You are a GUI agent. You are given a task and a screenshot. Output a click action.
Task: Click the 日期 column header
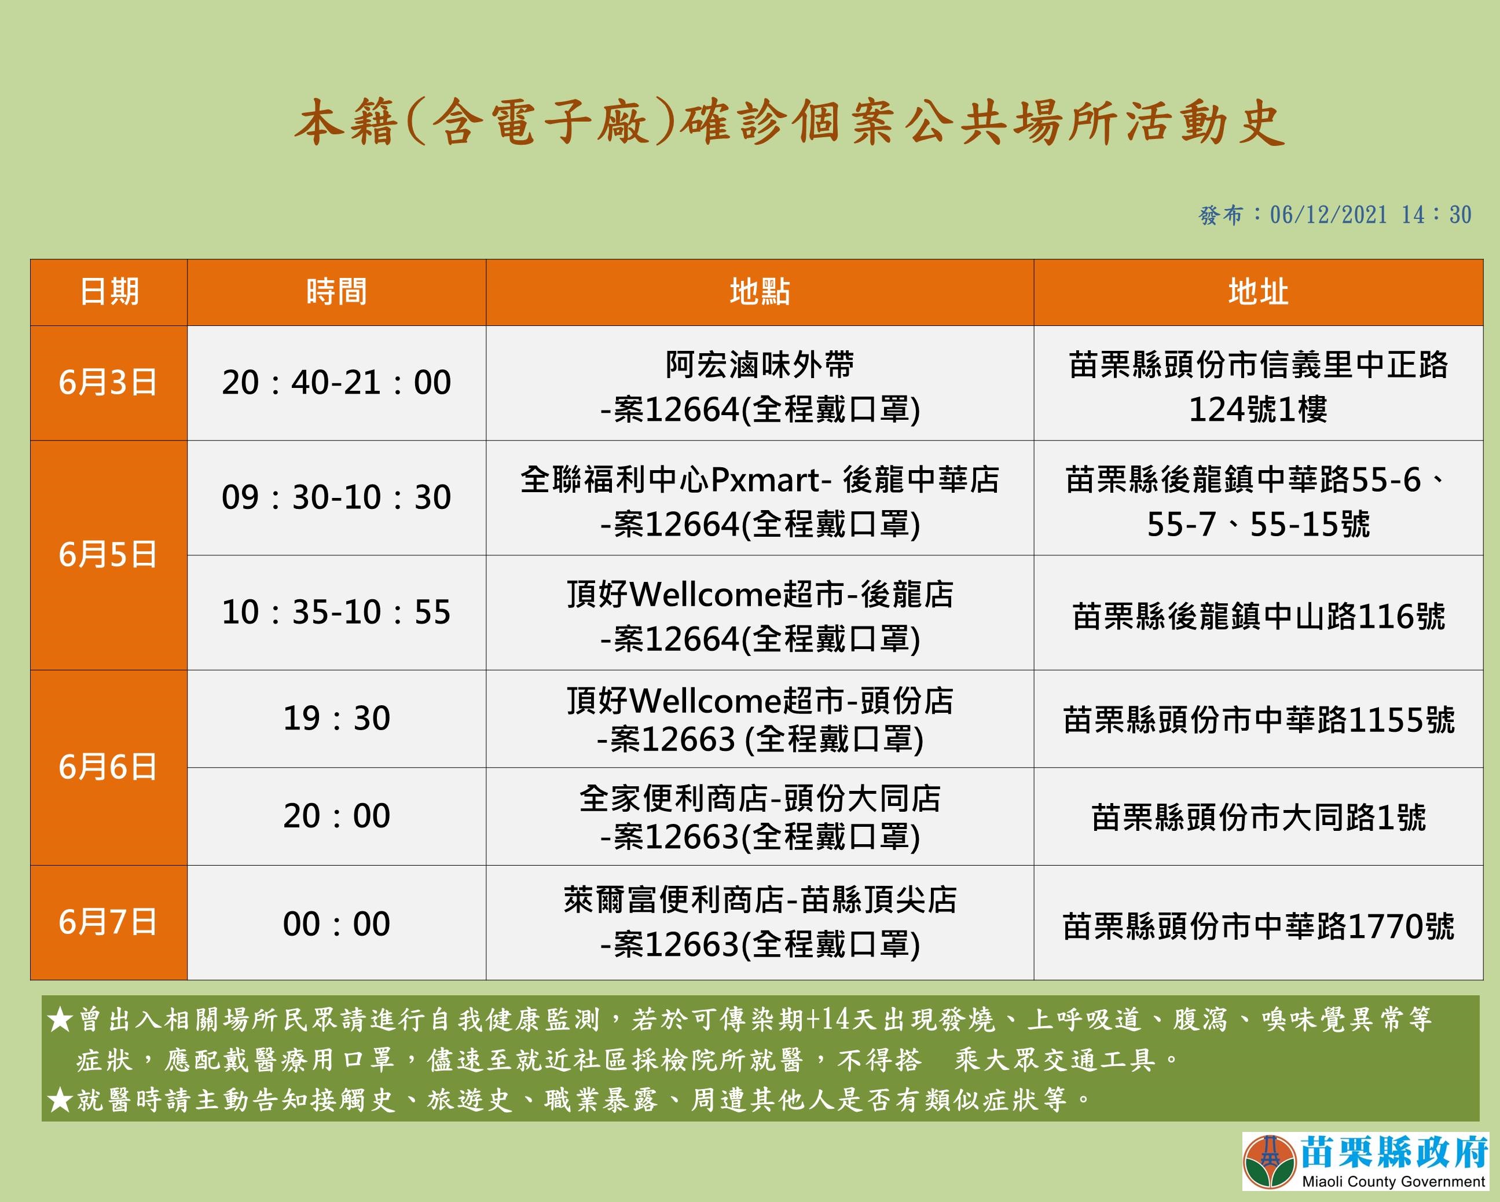[x=109, y=292]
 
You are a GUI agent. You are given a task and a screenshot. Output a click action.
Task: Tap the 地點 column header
[x=760, y=292]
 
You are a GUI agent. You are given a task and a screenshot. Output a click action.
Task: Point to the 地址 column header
[x=1258, y=292]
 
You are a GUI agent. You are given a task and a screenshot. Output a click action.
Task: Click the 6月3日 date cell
[x=108, y=383]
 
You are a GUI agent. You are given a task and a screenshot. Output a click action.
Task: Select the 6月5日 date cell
[x=108, y=555]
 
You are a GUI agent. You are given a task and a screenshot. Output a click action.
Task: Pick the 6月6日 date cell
[x=108, y=767]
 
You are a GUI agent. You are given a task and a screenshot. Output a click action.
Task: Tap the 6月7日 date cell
[x=108, y=922]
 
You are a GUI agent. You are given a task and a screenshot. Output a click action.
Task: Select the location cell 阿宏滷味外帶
[x=760, y=365]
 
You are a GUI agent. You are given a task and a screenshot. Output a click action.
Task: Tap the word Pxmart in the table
[x=766, y=480]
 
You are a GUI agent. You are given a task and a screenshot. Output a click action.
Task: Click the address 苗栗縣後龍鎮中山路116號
[x=1259, y=617]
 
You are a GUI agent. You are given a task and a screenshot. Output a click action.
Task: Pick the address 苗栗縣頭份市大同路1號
[x=1259, y=817]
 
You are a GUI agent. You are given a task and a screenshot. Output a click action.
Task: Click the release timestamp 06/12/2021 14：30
[x=1370, y=215]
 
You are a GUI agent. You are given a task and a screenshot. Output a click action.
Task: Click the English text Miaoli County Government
[x=1393, y=1181]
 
